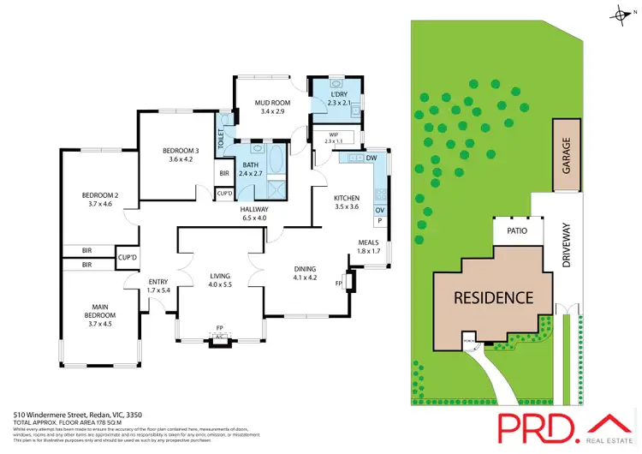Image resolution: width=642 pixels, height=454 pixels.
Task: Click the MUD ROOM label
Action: (x=271, y=103)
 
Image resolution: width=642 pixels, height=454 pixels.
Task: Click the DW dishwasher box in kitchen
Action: (x=371, y=158)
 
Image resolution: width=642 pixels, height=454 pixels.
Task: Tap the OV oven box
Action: (x=377, y=209)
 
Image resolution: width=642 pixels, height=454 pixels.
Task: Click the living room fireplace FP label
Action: (x=220, y=328)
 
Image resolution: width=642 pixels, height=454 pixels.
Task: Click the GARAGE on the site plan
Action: (x=566, y=155)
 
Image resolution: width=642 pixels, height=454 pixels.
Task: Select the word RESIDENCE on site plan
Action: (x=493, y=298)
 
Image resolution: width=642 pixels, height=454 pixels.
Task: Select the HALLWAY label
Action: (x=254, y=209)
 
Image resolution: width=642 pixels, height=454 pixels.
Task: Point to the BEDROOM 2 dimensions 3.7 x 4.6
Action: (x=99, y=204)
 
